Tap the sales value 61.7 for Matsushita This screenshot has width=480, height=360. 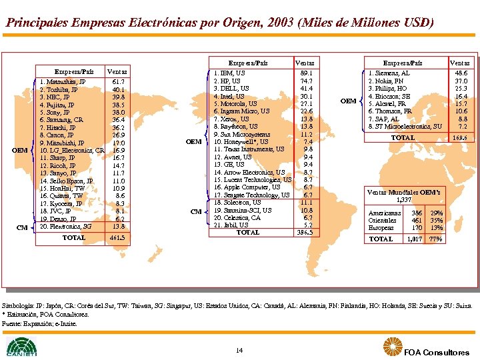pyautogui.click(x=119, y=81)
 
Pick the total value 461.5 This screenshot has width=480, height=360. pyautogui.click(x=118, y=237)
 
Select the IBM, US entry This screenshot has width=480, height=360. pyautogui.click(x=230, y=73)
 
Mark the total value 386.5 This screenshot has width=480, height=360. pyautogui.click(x=305, y=233)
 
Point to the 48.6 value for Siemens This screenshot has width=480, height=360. pyautogui.click(x=461, y=73)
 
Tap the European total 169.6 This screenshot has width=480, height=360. pyautogui.click(x=460, y=138)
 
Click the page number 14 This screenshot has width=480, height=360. pyautogui.click(x=239, y=350)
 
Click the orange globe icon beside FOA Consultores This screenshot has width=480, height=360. pyautogui.click(x=393, y=347)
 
